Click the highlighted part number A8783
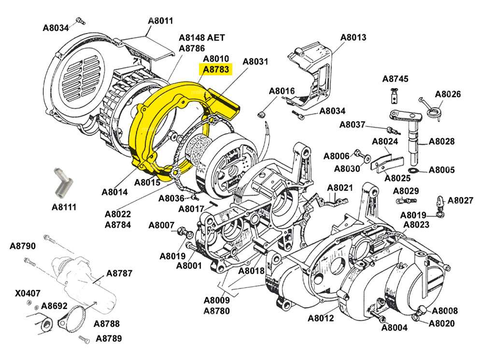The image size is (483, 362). click(216, 70)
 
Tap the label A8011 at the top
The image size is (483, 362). click(160, 21)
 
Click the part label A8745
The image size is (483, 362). click(395, 79)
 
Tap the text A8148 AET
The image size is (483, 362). click(202, 38)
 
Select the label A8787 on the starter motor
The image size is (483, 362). click(119, 273)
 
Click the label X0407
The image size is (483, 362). click(28, 292)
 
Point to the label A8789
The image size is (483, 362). click(109, 338)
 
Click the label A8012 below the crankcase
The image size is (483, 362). click(321, 318)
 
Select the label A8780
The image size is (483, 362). click(216, 310)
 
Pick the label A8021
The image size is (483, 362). click(341, 187)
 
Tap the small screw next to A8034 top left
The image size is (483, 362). click(80, 21)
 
